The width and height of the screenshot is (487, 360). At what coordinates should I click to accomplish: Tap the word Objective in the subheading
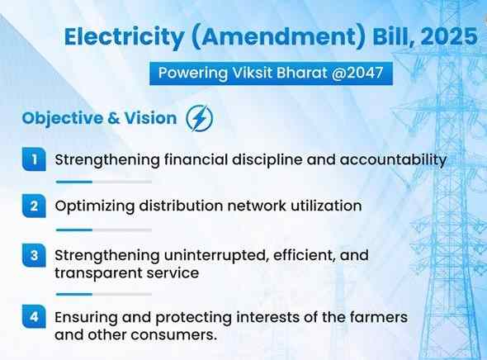[65, 118]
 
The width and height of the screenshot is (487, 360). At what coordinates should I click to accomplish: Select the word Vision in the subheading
[151, 118]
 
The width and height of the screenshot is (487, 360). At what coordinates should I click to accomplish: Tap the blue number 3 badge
[32, 255]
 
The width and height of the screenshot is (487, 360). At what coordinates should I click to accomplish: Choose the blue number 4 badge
[32, 317]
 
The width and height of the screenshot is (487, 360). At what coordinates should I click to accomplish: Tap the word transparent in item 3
[92, 272]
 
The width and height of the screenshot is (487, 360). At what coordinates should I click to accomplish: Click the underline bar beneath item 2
[103, 230]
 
